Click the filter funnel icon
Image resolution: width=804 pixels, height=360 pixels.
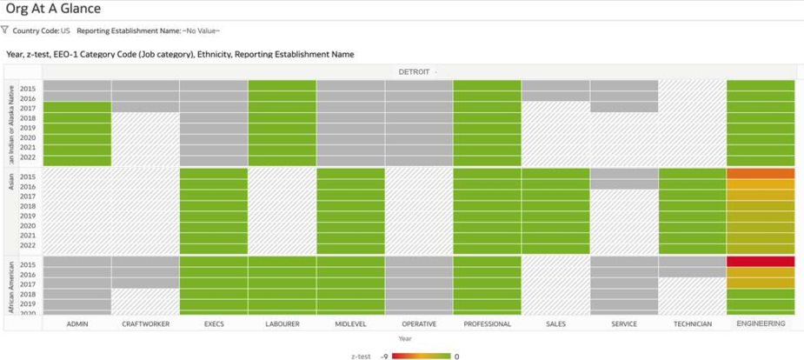click(x=5, y=30)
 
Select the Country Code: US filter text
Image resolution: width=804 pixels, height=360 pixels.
click(x=42, y=30)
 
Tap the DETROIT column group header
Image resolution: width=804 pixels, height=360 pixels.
click(x=417, y=71)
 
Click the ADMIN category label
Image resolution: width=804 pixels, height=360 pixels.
click(x=76, y=323)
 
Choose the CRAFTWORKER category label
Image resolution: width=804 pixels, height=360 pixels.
click(x=145, y=323)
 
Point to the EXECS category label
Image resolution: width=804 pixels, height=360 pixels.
click(x=213, y=323)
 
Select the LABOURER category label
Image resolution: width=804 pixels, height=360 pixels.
click(x=282, y=323)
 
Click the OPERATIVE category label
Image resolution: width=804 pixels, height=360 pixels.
click(x=419, y=323)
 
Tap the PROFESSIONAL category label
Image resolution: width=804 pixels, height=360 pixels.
click(x=487, y=323)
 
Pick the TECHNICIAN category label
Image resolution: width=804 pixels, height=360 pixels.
click(x=692, y=323)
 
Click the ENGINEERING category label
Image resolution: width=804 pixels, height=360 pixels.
click(x=761, y=323)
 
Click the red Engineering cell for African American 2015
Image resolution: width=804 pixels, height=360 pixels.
click(x=761, y=262)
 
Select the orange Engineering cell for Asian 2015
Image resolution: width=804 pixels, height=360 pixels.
click(x=761, y=173)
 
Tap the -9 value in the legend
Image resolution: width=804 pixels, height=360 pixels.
click(x=383, y=356)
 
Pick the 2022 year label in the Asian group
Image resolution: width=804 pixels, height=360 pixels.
click(x=28, y=245)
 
